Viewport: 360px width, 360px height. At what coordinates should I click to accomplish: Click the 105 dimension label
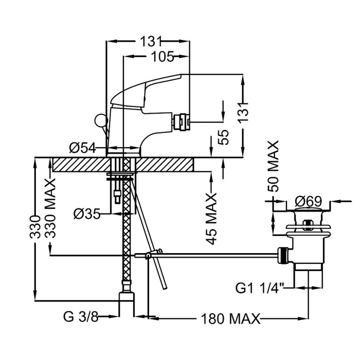[x=163, y=57]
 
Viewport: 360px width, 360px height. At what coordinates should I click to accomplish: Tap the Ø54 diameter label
[x=82, y=148]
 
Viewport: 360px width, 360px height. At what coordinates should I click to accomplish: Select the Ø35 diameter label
[x=87, y=214]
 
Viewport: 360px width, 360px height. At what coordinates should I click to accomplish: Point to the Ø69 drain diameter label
[x=309, y=202]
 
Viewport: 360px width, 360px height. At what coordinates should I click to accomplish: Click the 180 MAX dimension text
[x=231, y=318]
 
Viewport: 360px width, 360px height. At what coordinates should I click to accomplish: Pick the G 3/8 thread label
[x=81, y=317]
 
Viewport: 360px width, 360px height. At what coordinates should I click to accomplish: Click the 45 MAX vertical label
[x=211, y=219]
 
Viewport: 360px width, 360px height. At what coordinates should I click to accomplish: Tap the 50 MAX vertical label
[x=273, y=166]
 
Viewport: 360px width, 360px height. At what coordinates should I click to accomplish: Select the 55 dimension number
[x=224, y=137]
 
